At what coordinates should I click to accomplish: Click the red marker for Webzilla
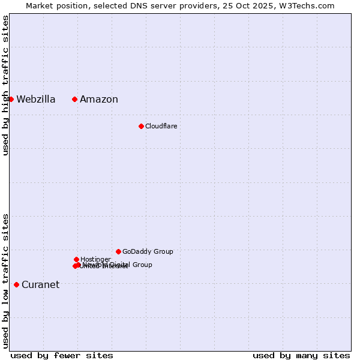click(x=11, y=99)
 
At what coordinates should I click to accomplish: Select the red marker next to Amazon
click(x=74, y=99)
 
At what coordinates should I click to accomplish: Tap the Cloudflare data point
click(x=141, y=126)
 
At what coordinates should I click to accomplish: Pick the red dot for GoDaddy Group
click(x=118, y=251)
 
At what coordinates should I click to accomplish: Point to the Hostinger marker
click(x=76, y=259)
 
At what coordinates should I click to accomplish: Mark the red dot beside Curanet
click(x=16, y=284)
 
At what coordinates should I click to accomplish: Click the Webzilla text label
click(x=36, y=100)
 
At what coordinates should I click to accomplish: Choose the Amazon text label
click(x=99, y=100)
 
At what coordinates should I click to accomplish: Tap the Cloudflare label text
click(x=161, y=126)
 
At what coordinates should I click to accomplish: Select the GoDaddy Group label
click(x=148, y=251)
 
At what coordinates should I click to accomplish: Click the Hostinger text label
click(x=95, y=259)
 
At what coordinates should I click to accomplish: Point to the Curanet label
click(x=41, y=285)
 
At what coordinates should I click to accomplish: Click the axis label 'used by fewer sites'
click(x=62, y=355)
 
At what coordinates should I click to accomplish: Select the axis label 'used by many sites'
click(x=301, y=355)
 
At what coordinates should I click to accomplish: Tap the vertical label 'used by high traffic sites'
click(x=5, y=85)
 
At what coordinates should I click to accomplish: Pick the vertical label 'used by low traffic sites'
click(x=5, y=281)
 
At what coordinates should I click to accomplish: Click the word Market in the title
click(x=40, y=5)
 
